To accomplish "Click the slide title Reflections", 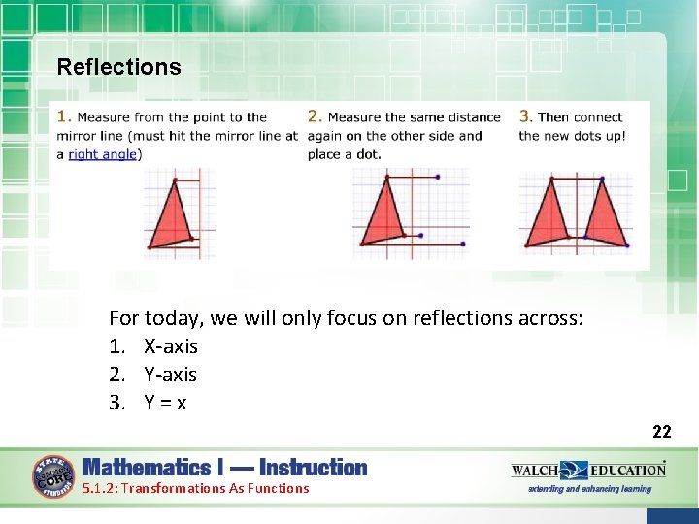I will [x=118, y=67].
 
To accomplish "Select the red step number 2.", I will [x=314, y=116].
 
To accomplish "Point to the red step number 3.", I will [x=524, y=116].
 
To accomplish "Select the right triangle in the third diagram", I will [x=606, y=215].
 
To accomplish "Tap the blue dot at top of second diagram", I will [x=438, y=177].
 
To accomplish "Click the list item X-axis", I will [x=171, y=346].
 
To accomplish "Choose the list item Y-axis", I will [x=170, y=375].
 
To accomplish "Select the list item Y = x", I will [x=166, y=403].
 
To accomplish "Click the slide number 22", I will [x=661, y=432].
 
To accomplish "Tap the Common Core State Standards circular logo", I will [x=53, y=475].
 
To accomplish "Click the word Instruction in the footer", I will [x=314, y=468].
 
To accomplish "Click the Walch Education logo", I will [x=588, y=471].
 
